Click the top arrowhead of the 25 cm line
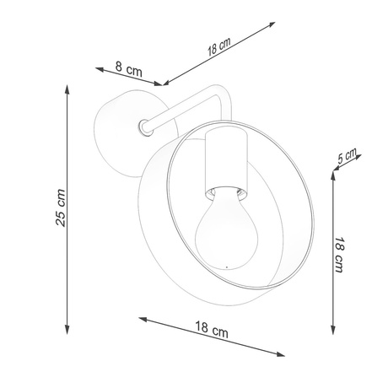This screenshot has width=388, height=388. point(67,87)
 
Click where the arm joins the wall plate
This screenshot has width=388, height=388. point(144,128)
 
